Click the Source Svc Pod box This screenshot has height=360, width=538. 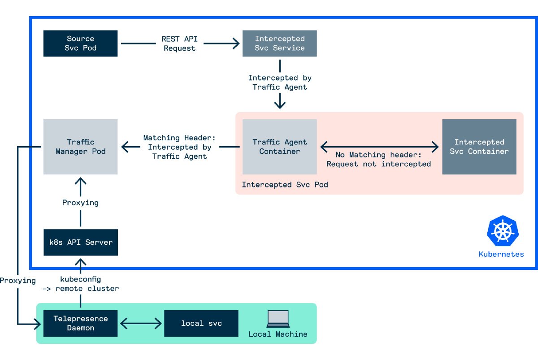click(80, 43)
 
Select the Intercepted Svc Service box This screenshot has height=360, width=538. click(279, 43)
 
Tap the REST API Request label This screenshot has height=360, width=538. click(179, 43)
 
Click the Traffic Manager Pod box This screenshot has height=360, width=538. click(80, 147)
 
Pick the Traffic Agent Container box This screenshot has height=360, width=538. click(279, 147)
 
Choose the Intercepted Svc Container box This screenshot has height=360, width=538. click(479, 147)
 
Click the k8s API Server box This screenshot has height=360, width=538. click(81, 243)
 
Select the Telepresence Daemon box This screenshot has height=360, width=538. click(80, 323)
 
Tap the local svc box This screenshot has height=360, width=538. click(201, 323)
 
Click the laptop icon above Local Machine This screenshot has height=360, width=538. click(278, 319)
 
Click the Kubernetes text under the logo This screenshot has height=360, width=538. click(501, 254)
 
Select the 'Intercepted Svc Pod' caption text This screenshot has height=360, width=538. click(285, 185)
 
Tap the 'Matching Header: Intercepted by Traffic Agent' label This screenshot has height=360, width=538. click(179, 147)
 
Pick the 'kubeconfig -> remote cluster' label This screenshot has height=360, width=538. click(81, 284)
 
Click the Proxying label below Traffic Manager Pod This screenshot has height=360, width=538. click(80, 203)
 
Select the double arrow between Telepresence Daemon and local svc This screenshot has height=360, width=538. click(141, 323)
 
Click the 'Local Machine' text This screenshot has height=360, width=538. click(278, 334)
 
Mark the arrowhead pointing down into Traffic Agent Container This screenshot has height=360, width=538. click(280, 106)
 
